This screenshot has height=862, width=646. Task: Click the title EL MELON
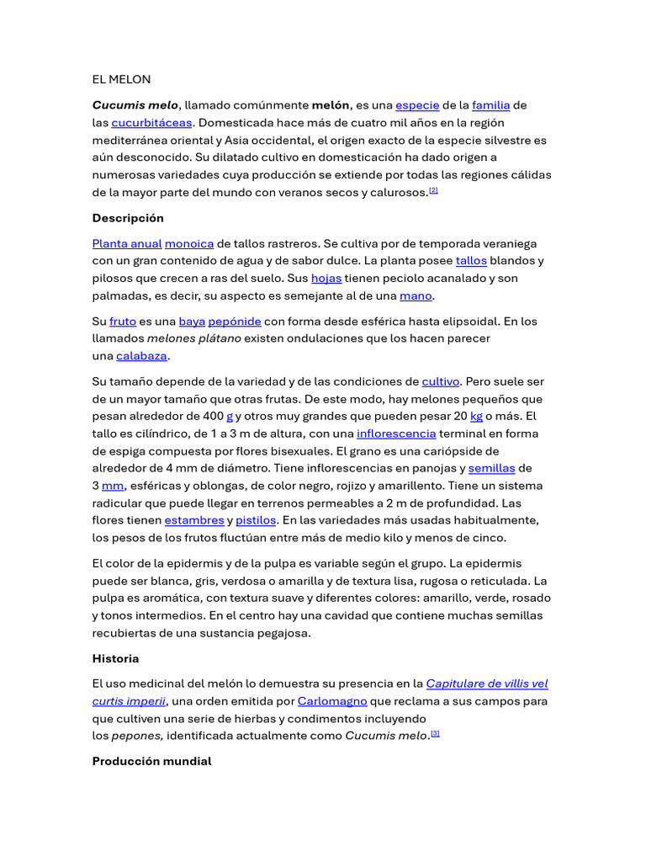pos(121,79)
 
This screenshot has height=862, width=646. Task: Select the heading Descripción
pos(128,218)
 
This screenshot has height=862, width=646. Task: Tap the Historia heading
pos(115,658)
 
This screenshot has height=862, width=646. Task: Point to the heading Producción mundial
pos(151,761)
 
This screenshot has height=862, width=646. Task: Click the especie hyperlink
pos(417,105)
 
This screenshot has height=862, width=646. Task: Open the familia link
pos(490,105)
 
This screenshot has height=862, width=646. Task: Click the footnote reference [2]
pos(433,190)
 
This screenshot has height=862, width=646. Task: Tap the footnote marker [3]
pos(435,734)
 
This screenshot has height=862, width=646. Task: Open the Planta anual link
pos(126,243)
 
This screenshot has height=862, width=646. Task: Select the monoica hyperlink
pos(189,243)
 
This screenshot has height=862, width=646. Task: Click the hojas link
pos(326,278)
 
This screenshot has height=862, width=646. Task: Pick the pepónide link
pos(234,321)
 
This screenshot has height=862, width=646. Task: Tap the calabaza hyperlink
pos(141,355)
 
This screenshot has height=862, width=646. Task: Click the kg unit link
pos(476,416)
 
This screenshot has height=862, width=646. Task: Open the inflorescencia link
pos(396,434)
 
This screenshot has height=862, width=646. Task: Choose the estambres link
pos(194,520)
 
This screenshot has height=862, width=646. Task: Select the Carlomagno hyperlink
pos(332,700)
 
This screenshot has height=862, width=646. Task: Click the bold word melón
pos(331,105)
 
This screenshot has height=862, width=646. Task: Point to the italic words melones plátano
pos(194,338)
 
